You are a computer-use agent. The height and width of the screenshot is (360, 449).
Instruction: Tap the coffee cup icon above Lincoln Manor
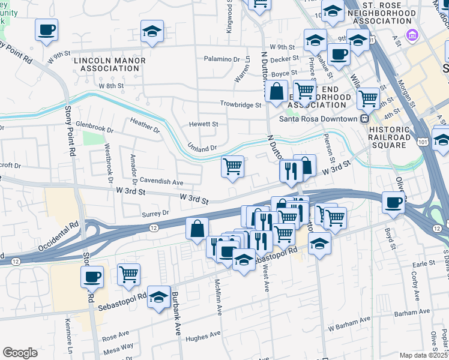[46, 29]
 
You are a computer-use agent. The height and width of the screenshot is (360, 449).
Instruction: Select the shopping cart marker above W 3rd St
[232, 166]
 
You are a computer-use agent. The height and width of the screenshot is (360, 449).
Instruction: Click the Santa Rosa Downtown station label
[318, 118]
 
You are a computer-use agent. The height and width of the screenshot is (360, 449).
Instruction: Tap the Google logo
[20, 352]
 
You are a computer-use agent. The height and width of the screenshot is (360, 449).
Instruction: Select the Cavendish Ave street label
[161, 181]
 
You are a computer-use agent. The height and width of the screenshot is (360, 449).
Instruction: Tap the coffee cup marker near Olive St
[394, 203]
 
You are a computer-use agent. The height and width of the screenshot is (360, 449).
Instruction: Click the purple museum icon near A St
[411, 35]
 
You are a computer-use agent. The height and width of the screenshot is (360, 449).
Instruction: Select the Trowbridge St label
[241, 104]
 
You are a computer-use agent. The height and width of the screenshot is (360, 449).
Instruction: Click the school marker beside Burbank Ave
[158, 297]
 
